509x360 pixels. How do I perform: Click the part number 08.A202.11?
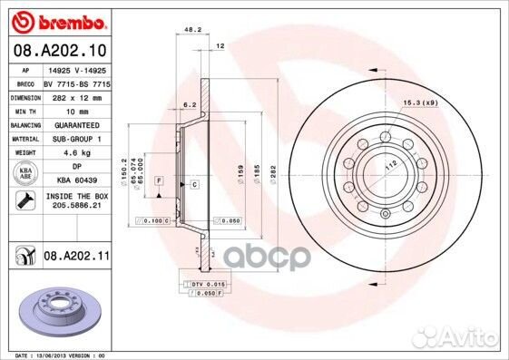[77, 258]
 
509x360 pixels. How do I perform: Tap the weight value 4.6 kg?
[75, 153]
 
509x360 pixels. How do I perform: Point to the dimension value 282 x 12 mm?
[77, 94]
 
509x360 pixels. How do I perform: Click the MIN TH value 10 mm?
[77, 109]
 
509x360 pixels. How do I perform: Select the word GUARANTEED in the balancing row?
[77, 124]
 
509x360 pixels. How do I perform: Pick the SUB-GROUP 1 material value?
[77, 139]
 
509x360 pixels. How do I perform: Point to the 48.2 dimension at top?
[191, 30]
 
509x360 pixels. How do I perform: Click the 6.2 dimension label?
[189, 105]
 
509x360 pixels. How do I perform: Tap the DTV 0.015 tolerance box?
[207, 283]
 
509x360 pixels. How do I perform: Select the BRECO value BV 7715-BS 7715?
[77, 81]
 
